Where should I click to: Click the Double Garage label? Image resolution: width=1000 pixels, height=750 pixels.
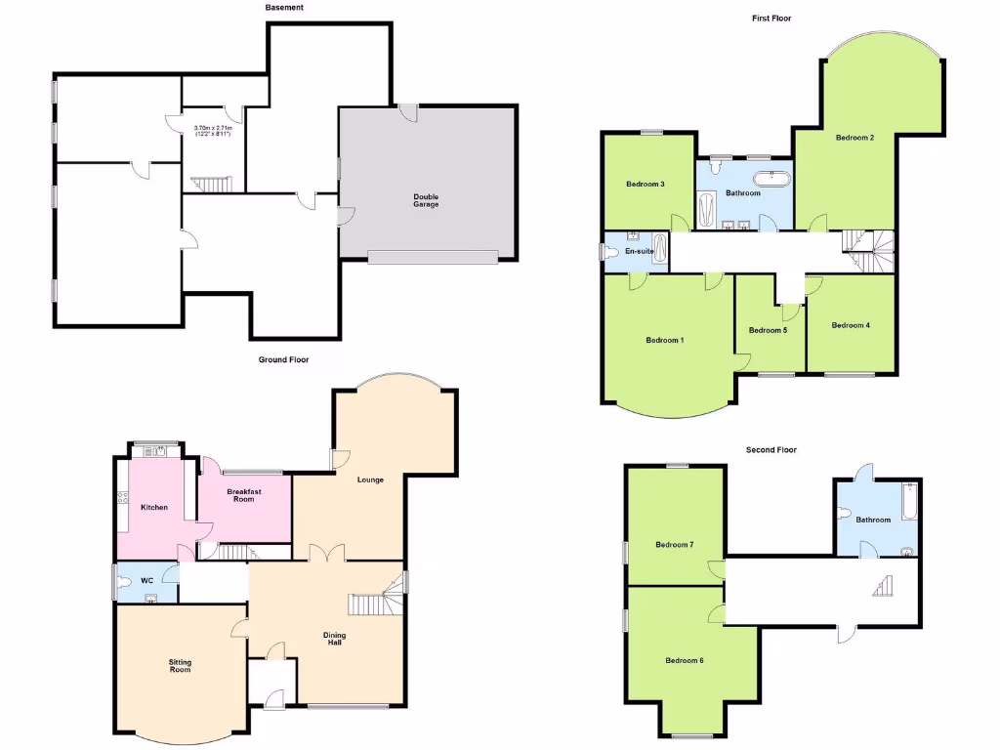click(x=426, y=200)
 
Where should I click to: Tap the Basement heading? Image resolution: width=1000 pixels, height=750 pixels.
click(x=284, y=8)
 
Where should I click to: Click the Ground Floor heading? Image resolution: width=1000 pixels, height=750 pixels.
click(x=283, y=360)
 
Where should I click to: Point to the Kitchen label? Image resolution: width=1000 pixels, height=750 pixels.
click(x=154, y=508)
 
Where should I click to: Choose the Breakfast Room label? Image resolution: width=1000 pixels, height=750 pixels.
click(x=243, y=495)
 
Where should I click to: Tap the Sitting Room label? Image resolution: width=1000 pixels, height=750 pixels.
click(x=180, y=666)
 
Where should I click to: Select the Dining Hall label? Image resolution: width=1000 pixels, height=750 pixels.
click(x=335, y=640)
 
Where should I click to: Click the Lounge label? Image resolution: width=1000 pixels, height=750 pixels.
click(x=370, y=479)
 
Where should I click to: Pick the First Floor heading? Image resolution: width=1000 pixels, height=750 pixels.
click(x=771, y=19)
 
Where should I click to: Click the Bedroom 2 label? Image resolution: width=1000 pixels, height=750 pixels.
click(x=854, y=138)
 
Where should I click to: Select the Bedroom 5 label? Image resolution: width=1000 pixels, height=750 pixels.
click(x=768, y=330)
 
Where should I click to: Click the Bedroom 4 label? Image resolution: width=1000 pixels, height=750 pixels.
click(x=850, y=325)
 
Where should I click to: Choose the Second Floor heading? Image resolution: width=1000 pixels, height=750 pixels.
click(x=771, y=450)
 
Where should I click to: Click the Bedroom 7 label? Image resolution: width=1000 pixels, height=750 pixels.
click(x=674, y=545)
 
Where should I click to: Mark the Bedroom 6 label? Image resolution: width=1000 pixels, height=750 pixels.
click(x=685, y=661)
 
